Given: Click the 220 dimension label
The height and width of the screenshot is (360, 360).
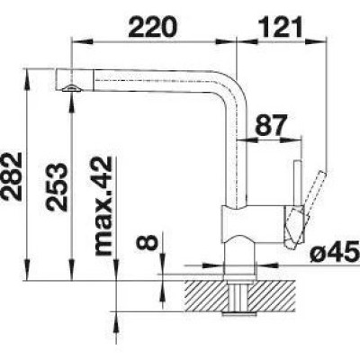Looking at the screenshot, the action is (x=153, y=27).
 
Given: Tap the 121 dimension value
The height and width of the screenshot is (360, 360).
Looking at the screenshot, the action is (x=282, y=27).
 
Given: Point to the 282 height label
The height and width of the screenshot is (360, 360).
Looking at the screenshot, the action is (x=11, y=176).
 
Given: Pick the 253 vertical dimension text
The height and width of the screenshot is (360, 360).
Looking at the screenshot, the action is (x=57, y=187).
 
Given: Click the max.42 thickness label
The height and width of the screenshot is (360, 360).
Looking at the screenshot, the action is (x=103, y=206).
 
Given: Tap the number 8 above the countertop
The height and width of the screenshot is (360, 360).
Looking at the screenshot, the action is (x=147, y=242).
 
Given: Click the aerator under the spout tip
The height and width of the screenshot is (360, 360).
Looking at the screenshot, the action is (x=71, y=88).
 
